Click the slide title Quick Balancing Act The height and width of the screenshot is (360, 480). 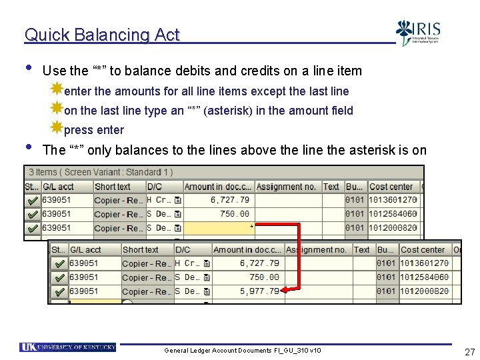click(102, 35)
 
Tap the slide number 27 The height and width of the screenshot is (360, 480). click(469, 351)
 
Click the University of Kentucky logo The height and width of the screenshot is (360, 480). click(68, 347)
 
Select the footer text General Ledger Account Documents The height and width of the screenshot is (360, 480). click(242, 351)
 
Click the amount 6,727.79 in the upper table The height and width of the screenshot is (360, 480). click(229, 200)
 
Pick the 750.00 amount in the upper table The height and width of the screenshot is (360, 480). click(235, 214)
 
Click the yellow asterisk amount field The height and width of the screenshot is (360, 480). click(220, 228)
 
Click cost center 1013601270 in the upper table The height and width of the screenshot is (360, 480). click(393, 200)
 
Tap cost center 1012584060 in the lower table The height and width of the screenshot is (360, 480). click(423, 277)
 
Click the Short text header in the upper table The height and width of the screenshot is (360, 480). click(113, 187)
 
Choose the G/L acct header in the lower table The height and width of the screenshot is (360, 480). click(85, 250)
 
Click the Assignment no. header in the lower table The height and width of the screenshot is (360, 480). click(316, 250)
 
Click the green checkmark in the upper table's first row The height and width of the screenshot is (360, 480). click(32, 200)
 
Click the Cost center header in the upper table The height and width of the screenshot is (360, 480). click(391, 187)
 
